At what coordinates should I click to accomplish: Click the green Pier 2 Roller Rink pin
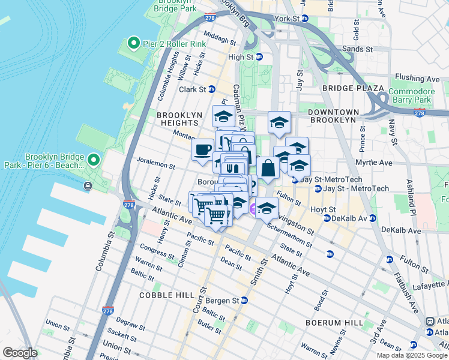(133, 44)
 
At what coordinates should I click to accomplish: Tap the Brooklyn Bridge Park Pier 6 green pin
(94, 160)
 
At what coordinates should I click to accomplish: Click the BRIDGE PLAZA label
(352, 88)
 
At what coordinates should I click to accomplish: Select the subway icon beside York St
(305, 19)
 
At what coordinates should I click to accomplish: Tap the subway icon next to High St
(259, 57)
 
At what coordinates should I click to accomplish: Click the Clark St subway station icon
(211, 89)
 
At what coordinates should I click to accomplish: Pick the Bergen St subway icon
(244, 300)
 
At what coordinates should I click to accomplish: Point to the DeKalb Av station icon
(327, 218)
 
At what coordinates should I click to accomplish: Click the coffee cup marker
(202, 149)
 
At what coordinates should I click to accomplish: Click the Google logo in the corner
(20, 353)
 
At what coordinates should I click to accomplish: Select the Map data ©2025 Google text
(411, 355)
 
